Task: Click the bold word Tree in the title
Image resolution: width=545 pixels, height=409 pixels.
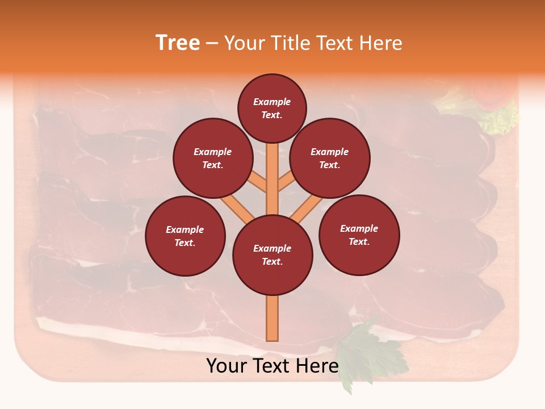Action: tap(178, 43)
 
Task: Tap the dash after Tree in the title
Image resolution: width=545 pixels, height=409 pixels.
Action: tap(212, 44)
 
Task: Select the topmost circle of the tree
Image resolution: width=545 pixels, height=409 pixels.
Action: tap(272, 108)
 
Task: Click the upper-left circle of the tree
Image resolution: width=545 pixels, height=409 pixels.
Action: tap(212, 158)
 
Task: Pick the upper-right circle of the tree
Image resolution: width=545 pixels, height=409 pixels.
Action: tap(329, 158)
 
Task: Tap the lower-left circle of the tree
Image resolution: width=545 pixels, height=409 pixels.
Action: tap(185, 236)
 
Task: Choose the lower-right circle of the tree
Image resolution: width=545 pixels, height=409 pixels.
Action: tap(359, 235)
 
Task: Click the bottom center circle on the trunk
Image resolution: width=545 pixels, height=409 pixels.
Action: tap(272, 255)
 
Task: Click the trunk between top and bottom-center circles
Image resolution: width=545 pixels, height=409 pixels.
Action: tap(272, 182)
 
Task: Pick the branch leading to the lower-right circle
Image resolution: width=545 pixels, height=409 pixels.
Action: tap(307, 207)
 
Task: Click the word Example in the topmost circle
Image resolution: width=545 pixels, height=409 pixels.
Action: tap(272, 102)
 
